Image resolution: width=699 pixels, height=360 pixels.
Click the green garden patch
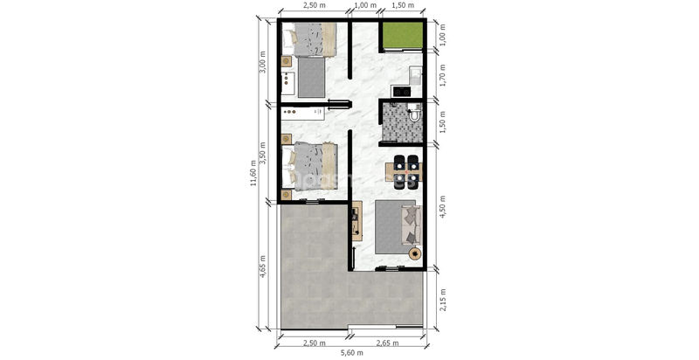[403, 35]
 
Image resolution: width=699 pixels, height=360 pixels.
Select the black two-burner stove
[401, 91]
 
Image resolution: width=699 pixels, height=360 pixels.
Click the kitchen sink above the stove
[416, 76]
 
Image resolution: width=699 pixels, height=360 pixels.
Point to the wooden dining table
[404, 171]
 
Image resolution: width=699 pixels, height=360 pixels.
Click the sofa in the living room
[411, 225]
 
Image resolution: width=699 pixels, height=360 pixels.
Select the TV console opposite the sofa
[356, 221]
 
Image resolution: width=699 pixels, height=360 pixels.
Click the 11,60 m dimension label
[253, 172]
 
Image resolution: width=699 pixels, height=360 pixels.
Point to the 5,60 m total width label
[352, 353]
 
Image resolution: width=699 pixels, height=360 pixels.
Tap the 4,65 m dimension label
[263, 266]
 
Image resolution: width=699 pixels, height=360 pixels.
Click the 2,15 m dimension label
[443, 299]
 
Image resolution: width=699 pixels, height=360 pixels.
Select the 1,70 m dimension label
[443, 75]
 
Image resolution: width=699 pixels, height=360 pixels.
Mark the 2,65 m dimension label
[387, 343]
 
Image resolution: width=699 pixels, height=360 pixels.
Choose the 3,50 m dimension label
[263, 153]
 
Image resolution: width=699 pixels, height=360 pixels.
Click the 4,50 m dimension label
[443, 206]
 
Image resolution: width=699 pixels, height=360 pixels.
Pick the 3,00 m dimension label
[263, 61]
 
